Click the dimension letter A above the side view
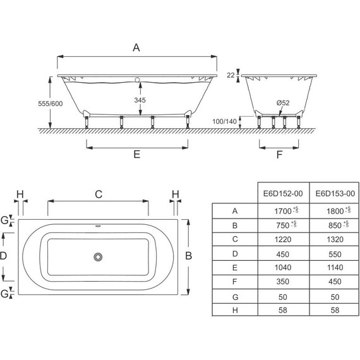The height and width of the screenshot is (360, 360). pos(136,48)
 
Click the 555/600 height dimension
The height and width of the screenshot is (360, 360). pos(51,104)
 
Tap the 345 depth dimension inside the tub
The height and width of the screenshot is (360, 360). pos(140,100)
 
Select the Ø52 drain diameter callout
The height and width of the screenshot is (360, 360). pos(283,103)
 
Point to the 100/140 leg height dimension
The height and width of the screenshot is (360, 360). pos(224,121)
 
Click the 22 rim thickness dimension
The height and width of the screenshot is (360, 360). pos(231,75)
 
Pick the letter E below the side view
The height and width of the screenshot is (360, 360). pos(137,154)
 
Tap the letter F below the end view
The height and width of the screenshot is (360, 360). pos(279,155)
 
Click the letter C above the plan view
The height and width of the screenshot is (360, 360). pos(99,195)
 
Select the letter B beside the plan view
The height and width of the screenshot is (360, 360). pos(188,256)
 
